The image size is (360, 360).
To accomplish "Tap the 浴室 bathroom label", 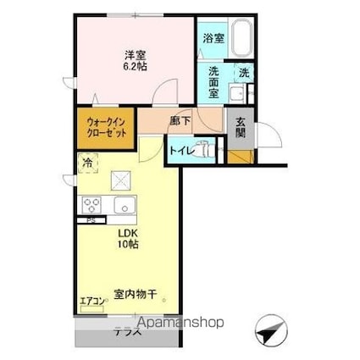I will tap(212, 38).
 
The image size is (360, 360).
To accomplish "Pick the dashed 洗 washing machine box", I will tap(243, 75).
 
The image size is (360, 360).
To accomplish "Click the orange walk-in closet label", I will tap(105, 128).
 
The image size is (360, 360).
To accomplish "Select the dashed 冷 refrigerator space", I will tap(87, 160).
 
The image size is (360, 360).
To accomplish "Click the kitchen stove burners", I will tap(92, 206).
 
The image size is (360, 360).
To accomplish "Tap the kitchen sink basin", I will tap(125, 205).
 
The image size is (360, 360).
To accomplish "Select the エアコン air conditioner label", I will tap(91, 300).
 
